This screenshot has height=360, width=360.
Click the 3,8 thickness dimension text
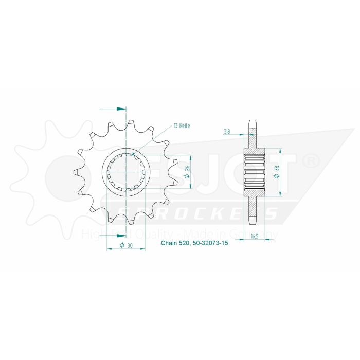[227, 132]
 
